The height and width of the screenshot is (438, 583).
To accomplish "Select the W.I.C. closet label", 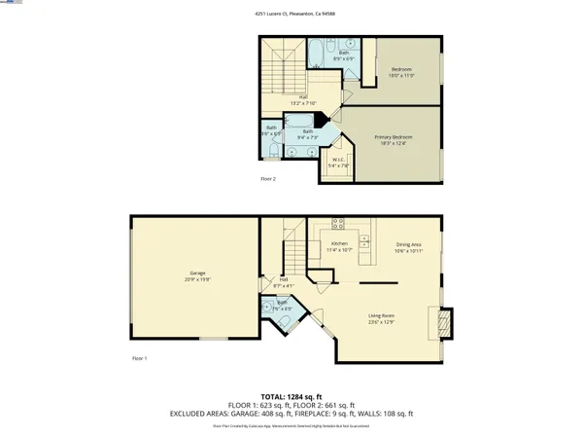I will (x=338, y=163).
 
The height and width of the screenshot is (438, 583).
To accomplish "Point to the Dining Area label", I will (x=409, y=247).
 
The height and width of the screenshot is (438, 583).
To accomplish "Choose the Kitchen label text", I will (x=339, y=246).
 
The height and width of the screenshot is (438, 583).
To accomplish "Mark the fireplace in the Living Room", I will (x=444, y=322).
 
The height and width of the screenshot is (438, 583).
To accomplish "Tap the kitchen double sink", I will (x=365, y=238).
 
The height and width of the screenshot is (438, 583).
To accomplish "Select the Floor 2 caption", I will (x=268, y=179).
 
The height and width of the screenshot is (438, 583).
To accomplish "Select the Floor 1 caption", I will (x=139, y=358).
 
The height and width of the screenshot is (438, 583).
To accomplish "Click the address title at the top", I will (x=291, y=15).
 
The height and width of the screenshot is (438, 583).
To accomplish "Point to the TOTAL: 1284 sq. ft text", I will (x=291, y=396).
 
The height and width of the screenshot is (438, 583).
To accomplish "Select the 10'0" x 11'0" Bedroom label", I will (x=402, y=72).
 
